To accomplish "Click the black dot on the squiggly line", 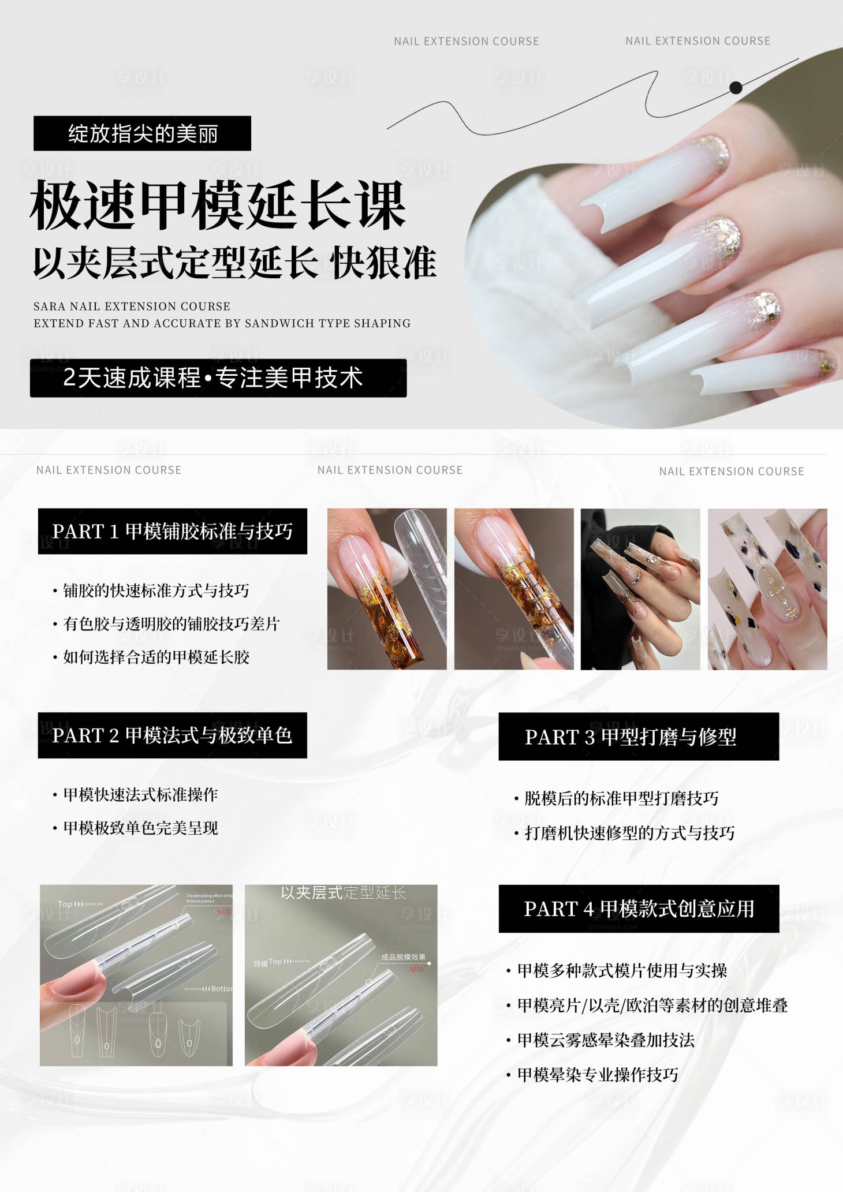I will point(736,88).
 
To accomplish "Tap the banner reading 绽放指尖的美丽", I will point(142,133).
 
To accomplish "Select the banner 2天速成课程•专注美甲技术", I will point(218,378).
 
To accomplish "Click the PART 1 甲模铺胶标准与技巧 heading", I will point(172,531).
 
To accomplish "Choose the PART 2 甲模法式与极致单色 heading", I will point(172,735).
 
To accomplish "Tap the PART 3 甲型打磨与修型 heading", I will point(638,737).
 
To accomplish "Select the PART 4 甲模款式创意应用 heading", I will point(638,909).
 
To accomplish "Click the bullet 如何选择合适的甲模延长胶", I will point(156,657).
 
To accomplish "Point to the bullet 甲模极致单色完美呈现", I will point(140,828).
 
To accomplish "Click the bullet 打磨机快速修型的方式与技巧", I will point(629,833).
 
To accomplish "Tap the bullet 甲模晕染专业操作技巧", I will point(598,1075).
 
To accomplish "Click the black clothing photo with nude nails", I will point(640,589).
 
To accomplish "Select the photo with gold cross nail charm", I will point(767,589).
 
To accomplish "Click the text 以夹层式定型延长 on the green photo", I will point(343,893).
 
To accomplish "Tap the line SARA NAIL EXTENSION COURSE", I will point(132,307).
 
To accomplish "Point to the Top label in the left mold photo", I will point(65,905).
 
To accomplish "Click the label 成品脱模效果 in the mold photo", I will point(403,957).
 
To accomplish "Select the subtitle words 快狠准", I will point(383,263).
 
